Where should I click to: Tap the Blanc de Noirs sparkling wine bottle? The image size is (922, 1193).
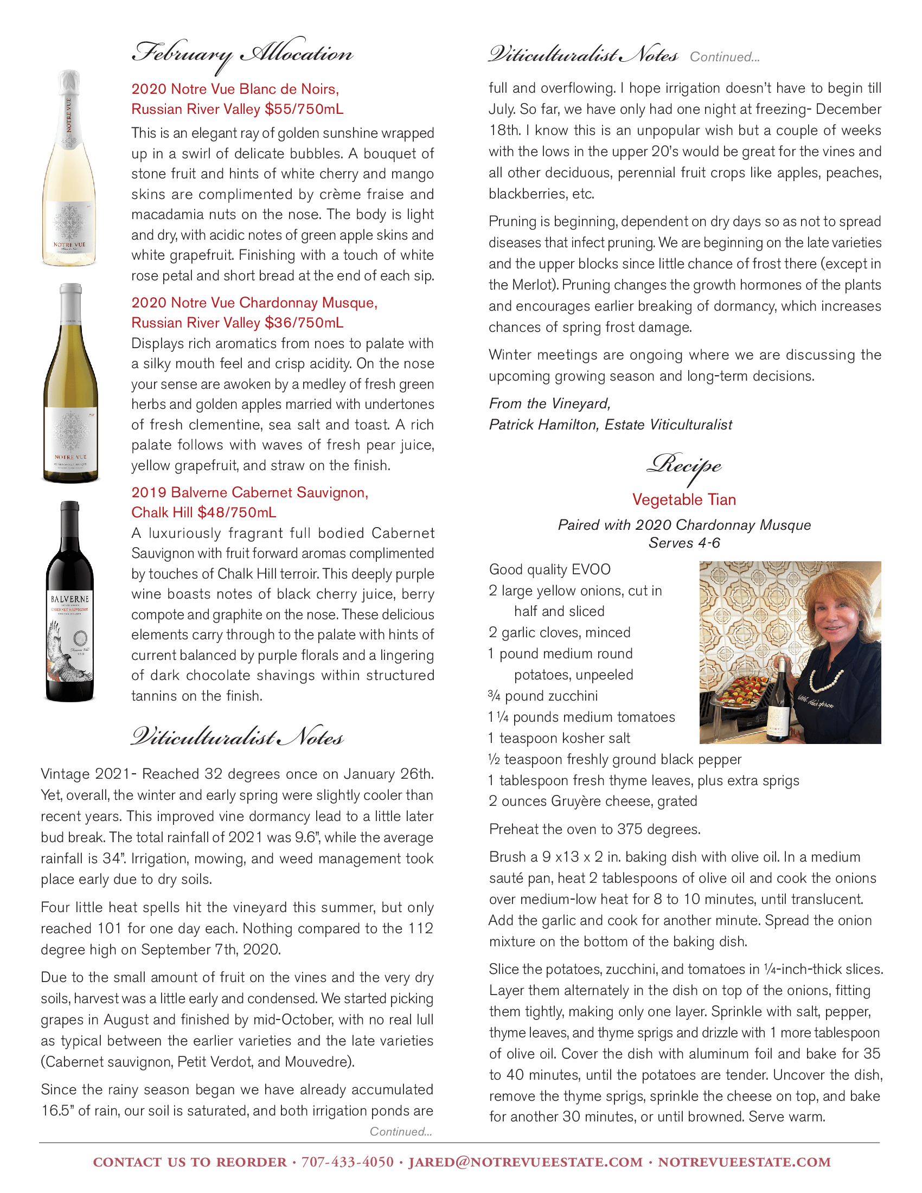pos(69,169)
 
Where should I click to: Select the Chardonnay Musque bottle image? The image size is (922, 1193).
pos(71,385)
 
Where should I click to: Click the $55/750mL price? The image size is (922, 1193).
pos(304,109)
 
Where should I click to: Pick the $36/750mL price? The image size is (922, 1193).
pos(304,323)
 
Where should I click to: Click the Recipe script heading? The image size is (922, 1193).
pos(684,466)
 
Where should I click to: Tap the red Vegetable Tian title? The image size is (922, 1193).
pos(684,499)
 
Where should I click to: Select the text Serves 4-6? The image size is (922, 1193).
pos(684,543)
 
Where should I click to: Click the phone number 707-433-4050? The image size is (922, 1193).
pos(348,1163)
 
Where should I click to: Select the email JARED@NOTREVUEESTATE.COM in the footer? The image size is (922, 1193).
pos(526,1163)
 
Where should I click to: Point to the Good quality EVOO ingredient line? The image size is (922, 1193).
pos(549,570)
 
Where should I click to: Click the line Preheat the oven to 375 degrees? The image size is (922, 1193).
pos(594,829)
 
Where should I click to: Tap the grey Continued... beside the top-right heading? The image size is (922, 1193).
pos(724,57)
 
